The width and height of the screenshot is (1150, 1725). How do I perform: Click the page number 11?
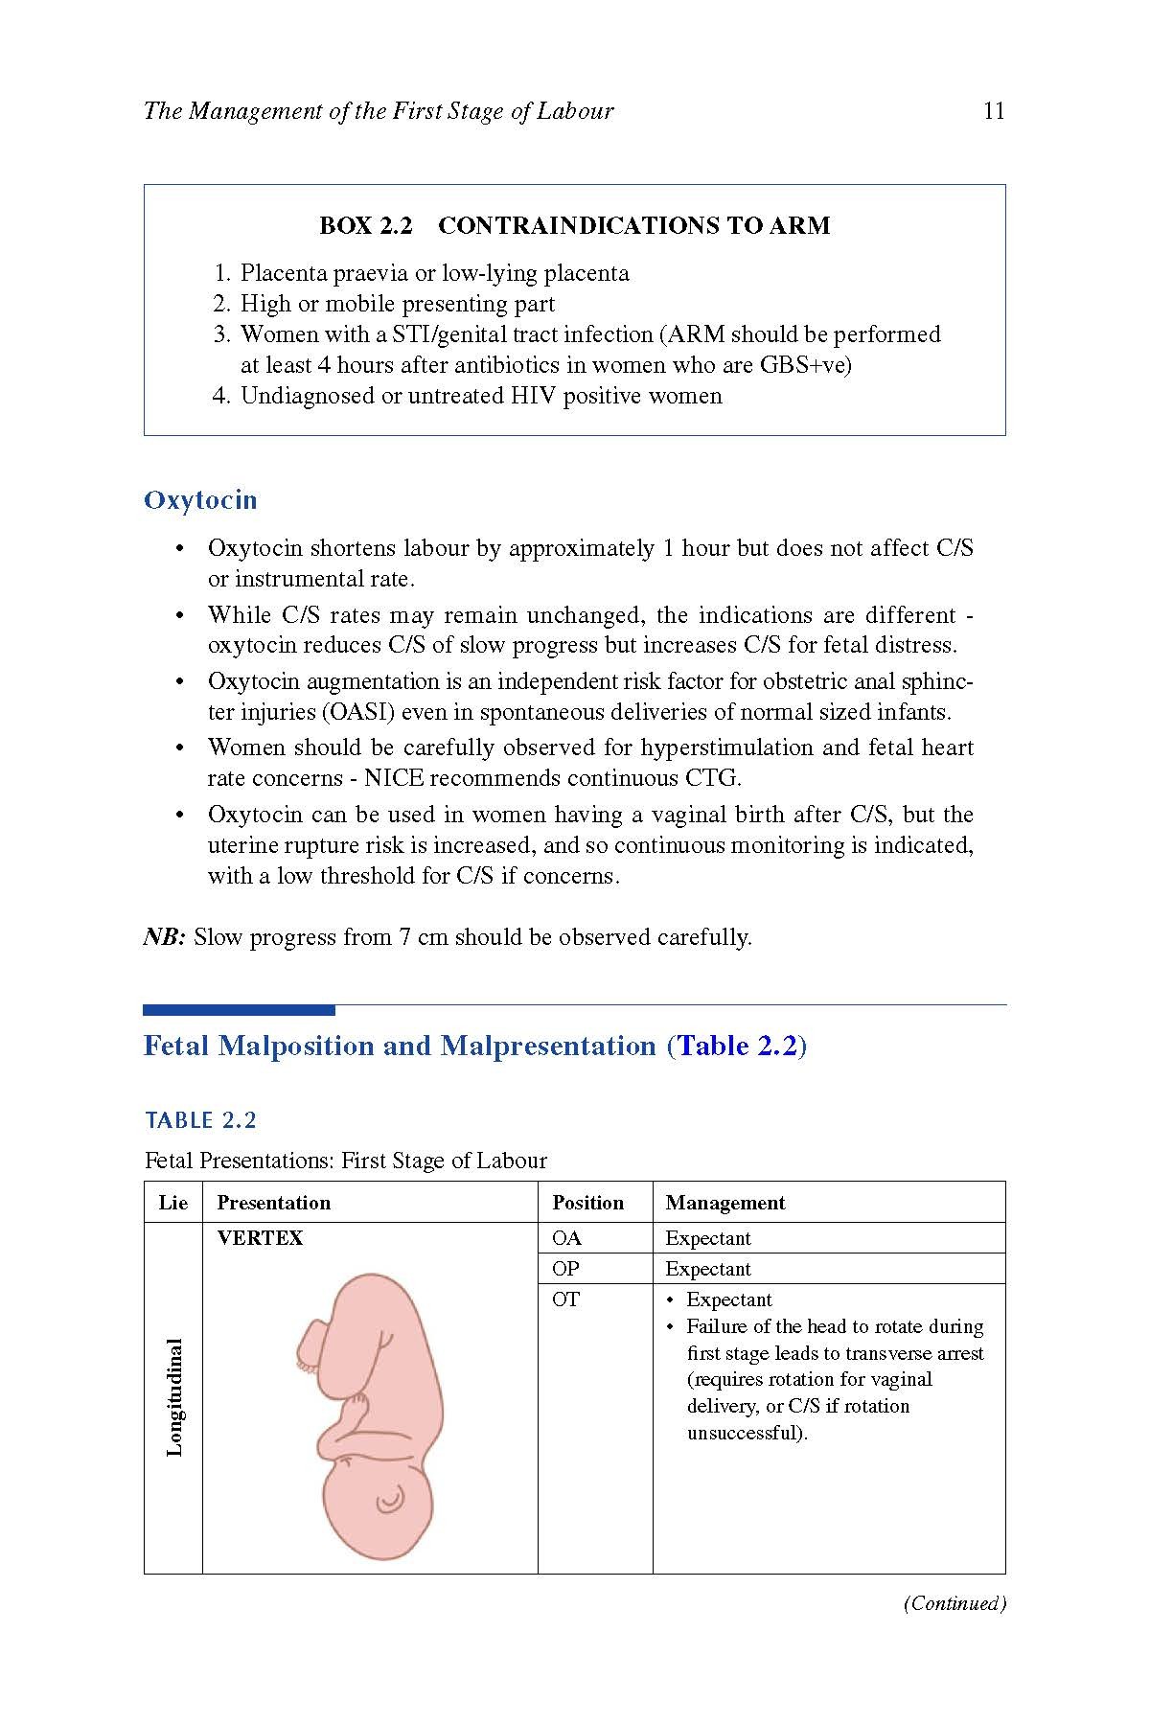(994, 111)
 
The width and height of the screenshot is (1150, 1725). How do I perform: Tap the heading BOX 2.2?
(365, 226)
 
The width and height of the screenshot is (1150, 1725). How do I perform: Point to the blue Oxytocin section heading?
(200, 500)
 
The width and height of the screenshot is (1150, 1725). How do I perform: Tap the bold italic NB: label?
(164, 937)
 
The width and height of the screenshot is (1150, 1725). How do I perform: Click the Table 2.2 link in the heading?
(737, 1046)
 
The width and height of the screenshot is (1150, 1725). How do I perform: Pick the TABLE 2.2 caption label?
(200, 1120)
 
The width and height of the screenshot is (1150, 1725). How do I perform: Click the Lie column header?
(173, 1203)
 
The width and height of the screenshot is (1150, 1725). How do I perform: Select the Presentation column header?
(274, 1203)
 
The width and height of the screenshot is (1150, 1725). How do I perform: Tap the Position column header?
(587, 1203)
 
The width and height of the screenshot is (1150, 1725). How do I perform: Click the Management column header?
(725, 1203)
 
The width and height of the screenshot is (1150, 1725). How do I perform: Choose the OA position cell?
(566, 1238)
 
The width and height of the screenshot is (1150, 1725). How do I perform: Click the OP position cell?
(566, 1269)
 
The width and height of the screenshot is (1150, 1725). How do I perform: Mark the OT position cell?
(566, 1299)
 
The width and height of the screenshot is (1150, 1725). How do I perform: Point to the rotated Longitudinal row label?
(174, 1397)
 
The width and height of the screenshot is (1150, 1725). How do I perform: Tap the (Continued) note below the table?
(954, 1603)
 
